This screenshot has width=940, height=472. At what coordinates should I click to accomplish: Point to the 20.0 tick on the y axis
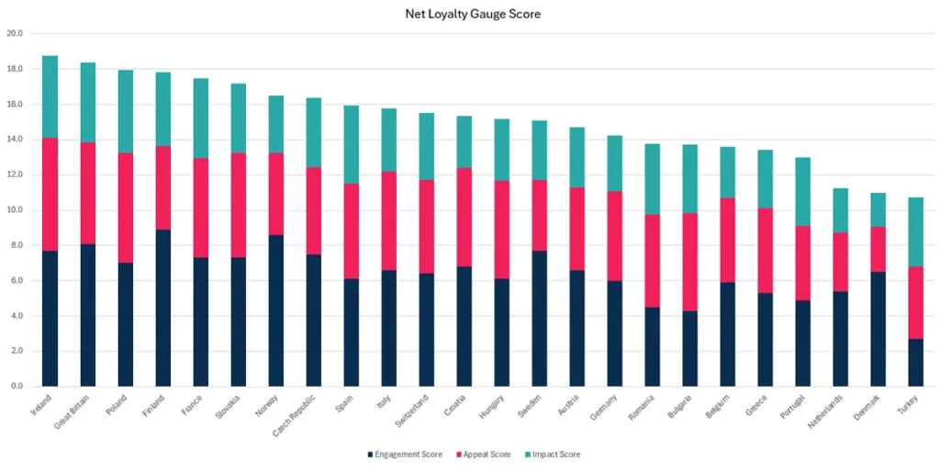(15, 34)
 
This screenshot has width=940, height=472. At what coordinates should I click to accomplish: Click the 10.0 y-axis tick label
(15, 210)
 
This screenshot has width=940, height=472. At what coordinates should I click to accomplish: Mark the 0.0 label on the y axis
(17, 387)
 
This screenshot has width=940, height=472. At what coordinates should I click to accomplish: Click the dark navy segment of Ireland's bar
(50, 318)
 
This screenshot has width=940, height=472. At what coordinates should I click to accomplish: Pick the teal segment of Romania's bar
(651, 179)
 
